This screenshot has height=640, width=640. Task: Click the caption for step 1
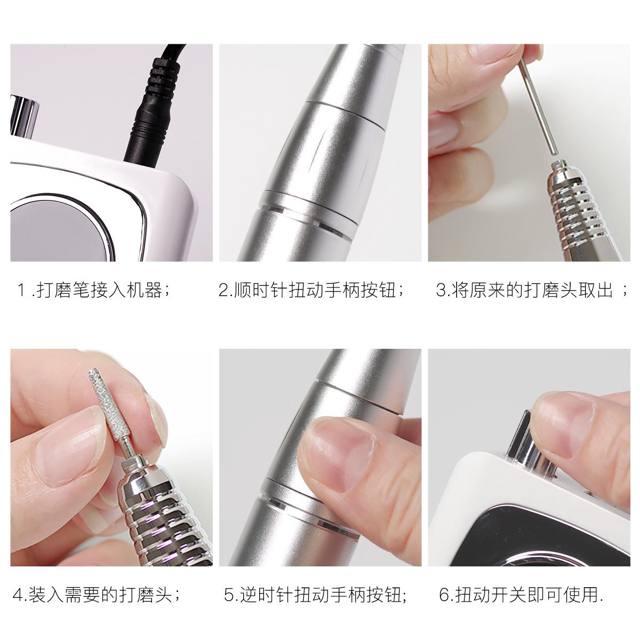coord(94,291)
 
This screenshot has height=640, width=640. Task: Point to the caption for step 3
coord(532,291)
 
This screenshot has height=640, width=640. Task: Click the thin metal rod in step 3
coord(537,106)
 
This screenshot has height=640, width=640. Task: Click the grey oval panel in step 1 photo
coord(57,230)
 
